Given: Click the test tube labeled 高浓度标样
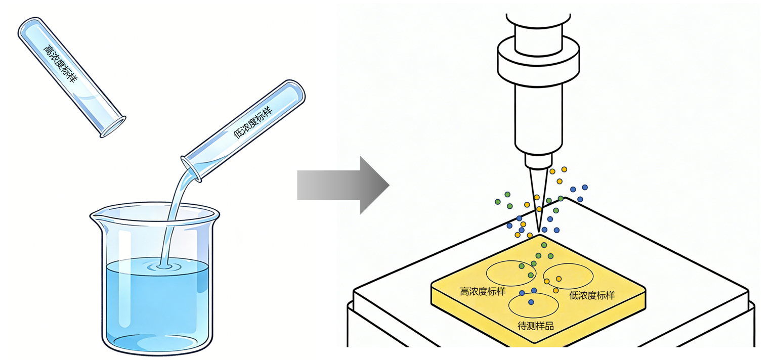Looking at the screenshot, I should click(x=71, y=76).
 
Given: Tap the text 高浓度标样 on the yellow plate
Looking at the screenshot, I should click(x=483, y=292).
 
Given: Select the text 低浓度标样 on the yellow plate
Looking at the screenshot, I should click(x=592, y=295).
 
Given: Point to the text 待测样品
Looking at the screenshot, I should click(x=536, y=326).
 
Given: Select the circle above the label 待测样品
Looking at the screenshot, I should click(x=533, y=305).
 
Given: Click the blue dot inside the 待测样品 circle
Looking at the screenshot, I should click(x=531, y=302).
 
